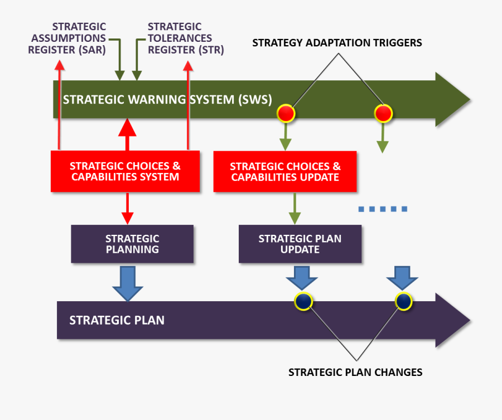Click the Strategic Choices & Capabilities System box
point(126,172)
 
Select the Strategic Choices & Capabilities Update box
point(285,172)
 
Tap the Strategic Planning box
point(132,244)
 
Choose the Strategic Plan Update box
point(300,244)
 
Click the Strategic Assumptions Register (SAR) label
point(69,38)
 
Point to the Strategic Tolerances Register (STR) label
point(180,38)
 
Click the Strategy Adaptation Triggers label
point(337,43)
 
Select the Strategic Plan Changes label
point(355,372)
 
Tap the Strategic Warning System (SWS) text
point(167,100)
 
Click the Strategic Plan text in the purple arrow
point(117,320)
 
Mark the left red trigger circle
point(286,113)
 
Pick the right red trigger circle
point(383,113)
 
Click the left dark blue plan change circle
point(303,301)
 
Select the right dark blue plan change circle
point(403,301)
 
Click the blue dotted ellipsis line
point(383,209)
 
